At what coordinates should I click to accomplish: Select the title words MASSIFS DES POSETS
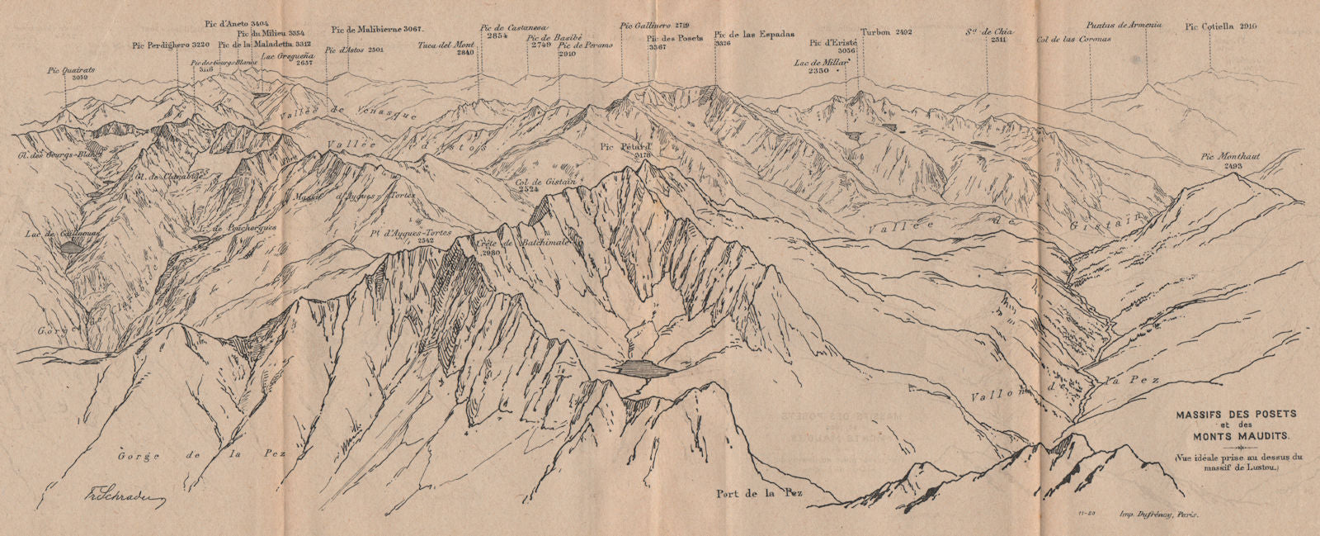click(x=1224, y=413)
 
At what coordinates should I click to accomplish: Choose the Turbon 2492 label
click(x=886, y=32)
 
